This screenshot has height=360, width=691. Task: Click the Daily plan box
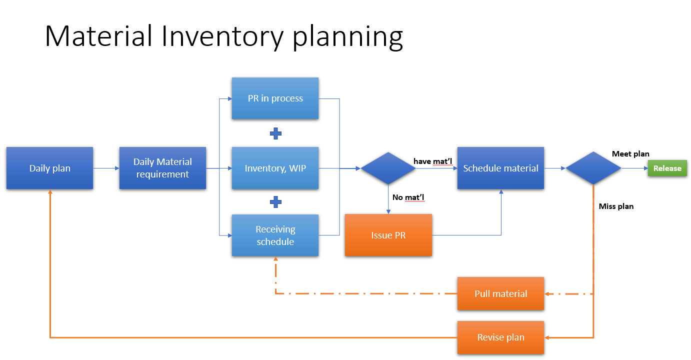[x=49, y=168]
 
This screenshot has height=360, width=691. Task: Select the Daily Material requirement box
[x=162, y=168]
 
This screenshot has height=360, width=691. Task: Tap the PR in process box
[x=275, y=98]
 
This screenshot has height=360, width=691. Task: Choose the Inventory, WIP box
[x=275, y=168]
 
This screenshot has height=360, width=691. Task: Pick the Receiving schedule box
[x=275, y=235]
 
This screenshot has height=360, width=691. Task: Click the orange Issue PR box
[x=388, y=235]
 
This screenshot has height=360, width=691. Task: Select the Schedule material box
[x=500, y=168]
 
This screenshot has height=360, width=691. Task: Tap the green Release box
[x=667, y=168]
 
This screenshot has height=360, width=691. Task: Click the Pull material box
[x=500, y=293]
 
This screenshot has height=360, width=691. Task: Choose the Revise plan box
[x=500, y=337]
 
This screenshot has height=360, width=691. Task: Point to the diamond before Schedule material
[x=388, y=168]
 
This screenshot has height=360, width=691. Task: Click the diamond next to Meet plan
[x=593, y=168]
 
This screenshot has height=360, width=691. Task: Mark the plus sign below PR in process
[x=275, y=133]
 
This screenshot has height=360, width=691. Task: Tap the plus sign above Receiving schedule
[x=275, y=202]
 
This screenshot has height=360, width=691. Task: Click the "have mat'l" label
[x=433, y=161]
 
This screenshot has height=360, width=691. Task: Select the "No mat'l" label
[x=408, y=197]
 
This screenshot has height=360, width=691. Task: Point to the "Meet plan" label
[x=630, y=154]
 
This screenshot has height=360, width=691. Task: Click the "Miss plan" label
[x=616, y=206]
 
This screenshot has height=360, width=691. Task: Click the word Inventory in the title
[x=223, y=36]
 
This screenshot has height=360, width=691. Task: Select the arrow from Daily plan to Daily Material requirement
[x=106, y=168]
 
